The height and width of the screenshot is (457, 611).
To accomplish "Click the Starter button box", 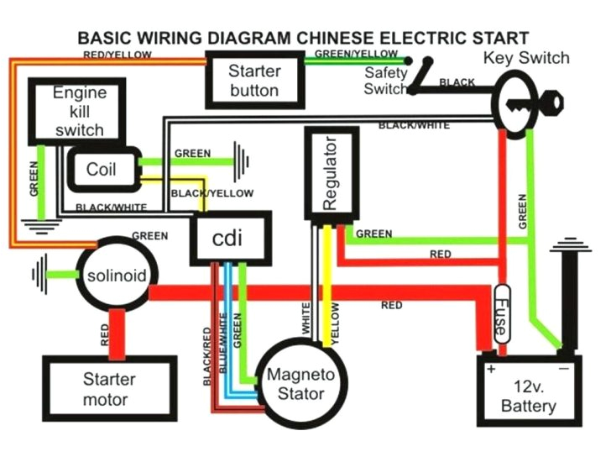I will pyautogui.click(x=254, y=80).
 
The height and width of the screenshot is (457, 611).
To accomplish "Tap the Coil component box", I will pyautogui.click(x=102, y=169).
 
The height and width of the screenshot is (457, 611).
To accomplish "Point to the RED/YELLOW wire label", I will pyautogui.click(x=117, y=55).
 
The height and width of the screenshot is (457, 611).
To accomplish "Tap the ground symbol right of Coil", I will pyautogui.click(x=243, y=160).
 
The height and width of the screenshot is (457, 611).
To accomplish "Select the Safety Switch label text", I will pyautogui.click(x=385, y=81).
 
